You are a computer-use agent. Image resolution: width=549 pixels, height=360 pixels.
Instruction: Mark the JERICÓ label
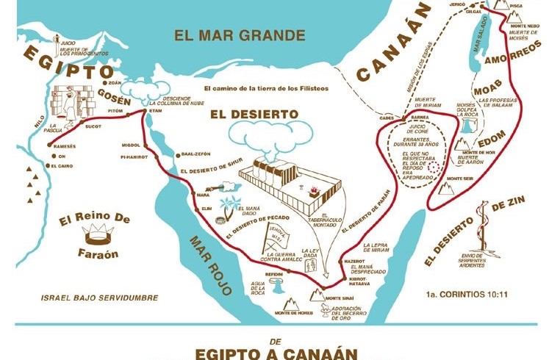click(457, 4)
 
